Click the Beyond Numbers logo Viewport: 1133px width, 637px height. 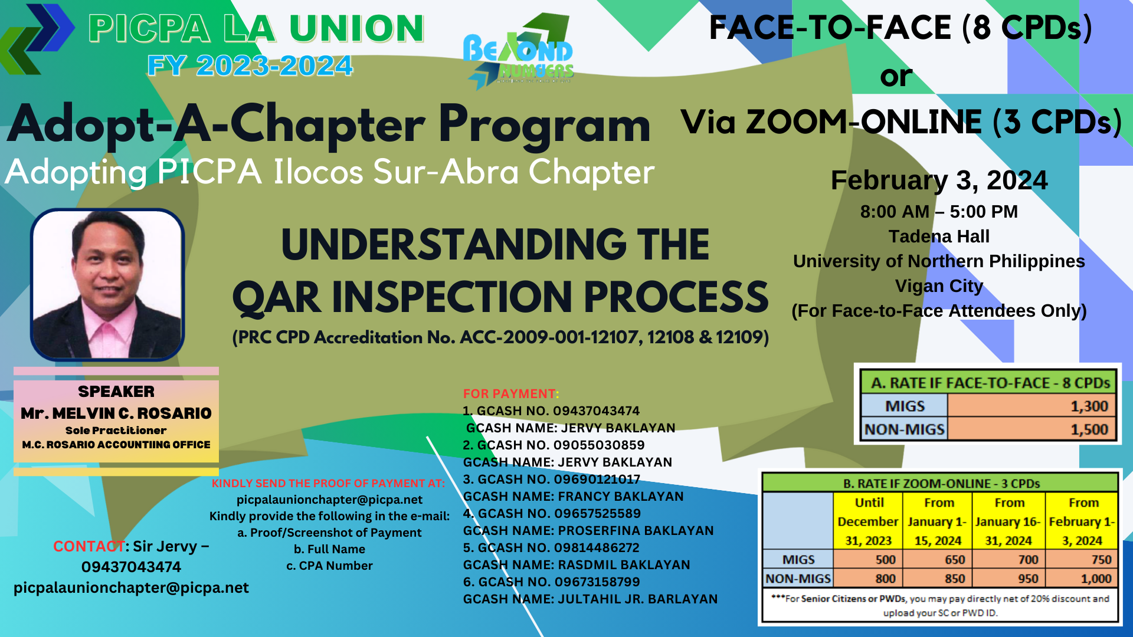(x=518, y=52)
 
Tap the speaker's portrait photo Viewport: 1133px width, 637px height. (x=107, y=284)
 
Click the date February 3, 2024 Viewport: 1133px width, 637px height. (x=939, y=180)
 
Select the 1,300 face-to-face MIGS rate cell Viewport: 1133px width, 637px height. (x=1032, y=406)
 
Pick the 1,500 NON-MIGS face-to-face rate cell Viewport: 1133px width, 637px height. (x=1032, y=429)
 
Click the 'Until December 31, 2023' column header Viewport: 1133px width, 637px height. (x=868, y=521)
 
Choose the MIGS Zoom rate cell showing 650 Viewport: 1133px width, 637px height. (x=937, y=559)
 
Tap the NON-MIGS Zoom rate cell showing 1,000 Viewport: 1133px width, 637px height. (x=1082, y=579)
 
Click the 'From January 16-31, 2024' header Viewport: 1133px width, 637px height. (x=1008, y=521)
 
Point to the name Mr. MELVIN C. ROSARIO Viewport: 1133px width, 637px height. (x=116, y=413)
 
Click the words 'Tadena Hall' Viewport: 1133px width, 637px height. (x=939, y=237)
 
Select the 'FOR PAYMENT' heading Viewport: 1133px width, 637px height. (x=509, y=393)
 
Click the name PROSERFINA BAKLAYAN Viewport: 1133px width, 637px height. (x=636, y=530)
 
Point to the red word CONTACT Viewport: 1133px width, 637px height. (x=89, y=546)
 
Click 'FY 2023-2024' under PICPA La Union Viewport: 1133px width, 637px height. (x=250, y=65)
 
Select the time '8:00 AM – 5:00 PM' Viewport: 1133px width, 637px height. (x=939, y=212)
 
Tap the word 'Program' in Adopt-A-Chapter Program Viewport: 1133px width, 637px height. (x=544, y=125)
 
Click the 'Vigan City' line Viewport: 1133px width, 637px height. (x=939, y=286)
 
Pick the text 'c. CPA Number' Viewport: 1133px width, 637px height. (x=329, y=566)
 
